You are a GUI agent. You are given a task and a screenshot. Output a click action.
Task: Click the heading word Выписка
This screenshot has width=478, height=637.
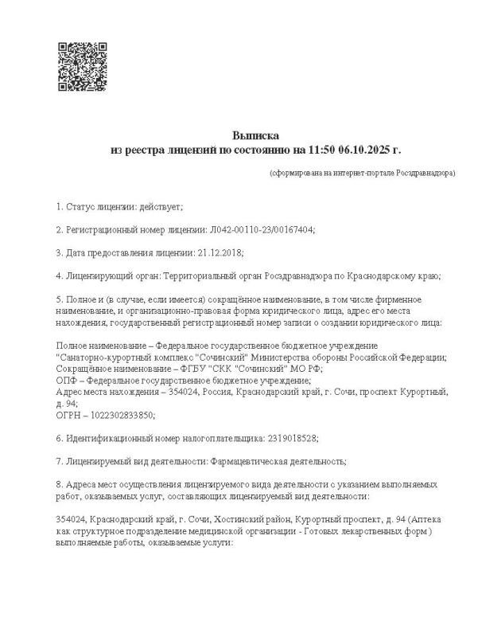click(x=256, y=135)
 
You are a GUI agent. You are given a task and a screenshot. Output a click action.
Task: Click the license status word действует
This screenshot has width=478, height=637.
click(x=161, y=207)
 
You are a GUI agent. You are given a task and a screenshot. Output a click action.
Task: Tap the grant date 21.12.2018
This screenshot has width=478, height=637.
click(x=220, y=252)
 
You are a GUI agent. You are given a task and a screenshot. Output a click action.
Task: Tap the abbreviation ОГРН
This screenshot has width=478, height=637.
click(x=69, y=415)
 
